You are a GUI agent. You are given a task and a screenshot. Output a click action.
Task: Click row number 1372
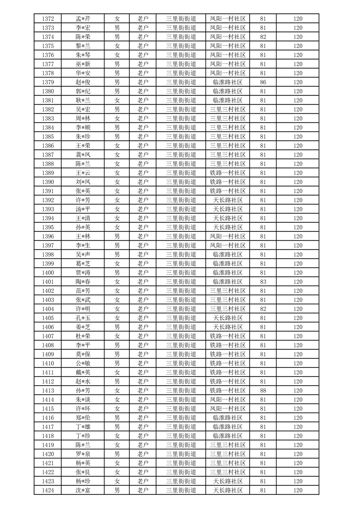(x=48, y=19)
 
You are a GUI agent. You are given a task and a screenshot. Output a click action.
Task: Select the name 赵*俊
(x=83, y=82)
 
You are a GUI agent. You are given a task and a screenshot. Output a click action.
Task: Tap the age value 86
(x=263, y=82)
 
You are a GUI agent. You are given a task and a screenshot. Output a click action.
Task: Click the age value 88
(x=263, y=391)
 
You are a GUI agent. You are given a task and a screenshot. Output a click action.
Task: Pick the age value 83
(x=263, y=282)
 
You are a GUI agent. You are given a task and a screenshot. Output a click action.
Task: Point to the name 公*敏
(x=83, y=363)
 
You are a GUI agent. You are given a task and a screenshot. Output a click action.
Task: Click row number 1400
(x=48, y=273)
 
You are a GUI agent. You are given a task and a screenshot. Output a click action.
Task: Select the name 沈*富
(x=83, y=490)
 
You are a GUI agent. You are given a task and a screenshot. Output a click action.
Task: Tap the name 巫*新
(x=83, y=64)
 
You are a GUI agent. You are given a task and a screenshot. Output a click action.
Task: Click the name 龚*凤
(x=83, y=155)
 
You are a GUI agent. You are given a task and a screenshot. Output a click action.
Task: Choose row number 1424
(x=48, y=490)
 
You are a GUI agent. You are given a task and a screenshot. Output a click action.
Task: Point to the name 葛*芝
(x=83, y=264)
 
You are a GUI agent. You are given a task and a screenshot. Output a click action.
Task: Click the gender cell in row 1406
(x=117, y=327)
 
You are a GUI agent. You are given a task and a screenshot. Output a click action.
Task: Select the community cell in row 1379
(x=228, y=82)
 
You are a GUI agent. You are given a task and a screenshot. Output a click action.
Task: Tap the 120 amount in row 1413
(x=298, y=391)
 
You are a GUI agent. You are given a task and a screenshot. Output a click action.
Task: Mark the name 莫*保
(x=83, y=354)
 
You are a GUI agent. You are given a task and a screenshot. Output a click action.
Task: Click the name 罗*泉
(x=83, y=454)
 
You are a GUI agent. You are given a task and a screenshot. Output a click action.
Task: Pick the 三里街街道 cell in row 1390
(x=181, y=182)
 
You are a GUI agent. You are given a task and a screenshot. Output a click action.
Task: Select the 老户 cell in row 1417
(x=143, y=427)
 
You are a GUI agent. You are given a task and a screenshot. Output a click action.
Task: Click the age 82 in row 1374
(x=263, y=37)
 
